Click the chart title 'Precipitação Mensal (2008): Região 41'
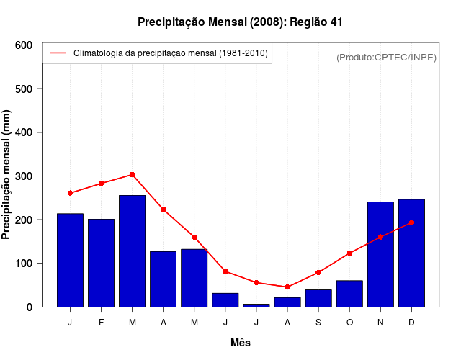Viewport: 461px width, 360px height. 240,22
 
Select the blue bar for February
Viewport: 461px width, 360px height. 101,263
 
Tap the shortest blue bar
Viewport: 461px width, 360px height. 256,305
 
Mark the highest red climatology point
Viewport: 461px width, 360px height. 133,174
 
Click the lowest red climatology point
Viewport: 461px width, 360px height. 287,287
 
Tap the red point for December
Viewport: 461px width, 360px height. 411,222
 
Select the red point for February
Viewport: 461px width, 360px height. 102,184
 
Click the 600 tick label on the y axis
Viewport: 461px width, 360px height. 24,45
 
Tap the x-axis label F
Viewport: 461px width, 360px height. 102,323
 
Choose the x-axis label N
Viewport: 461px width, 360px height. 380,323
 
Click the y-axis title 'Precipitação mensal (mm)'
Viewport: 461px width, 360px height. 7,175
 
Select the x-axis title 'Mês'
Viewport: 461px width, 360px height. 241,343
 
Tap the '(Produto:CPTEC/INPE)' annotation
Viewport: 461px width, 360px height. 386,57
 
